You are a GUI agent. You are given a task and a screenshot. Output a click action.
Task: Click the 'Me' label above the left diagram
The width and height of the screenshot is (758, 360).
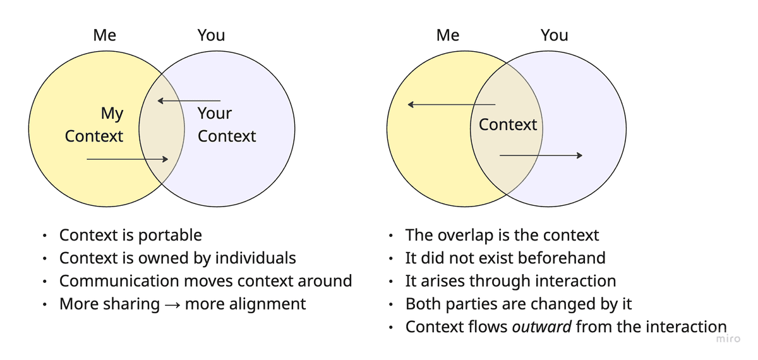click(104, 35)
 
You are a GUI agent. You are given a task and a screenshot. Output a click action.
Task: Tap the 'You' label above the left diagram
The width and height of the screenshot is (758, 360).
click(211, 35)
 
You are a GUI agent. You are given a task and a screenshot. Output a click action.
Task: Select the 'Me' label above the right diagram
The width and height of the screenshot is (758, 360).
click(448, 35)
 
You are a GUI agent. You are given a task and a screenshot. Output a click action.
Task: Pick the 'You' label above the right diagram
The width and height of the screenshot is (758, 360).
click(554, 35)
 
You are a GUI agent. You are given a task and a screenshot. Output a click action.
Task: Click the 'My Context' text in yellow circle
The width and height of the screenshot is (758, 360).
click(94, 125)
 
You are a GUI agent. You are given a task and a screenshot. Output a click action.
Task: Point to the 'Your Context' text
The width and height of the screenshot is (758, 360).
click(226, 125)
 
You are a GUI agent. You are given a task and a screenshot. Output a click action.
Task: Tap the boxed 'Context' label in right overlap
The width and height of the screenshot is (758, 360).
click(507, 124)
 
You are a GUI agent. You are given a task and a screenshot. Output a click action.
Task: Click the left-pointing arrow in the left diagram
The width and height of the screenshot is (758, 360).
click(189, 100)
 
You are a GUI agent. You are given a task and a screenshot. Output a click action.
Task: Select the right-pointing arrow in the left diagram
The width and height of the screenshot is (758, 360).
click(127, 159)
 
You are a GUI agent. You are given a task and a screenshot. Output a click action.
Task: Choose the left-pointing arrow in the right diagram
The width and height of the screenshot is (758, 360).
click(451, 105)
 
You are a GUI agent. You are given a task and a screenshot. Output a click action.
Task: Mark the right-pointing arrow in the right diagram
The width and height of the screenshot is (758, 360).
click(541, 155)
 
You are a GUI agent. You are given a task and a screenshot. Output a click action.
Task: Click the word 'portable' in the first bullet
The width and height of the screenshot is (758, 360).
click(171, 236)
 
